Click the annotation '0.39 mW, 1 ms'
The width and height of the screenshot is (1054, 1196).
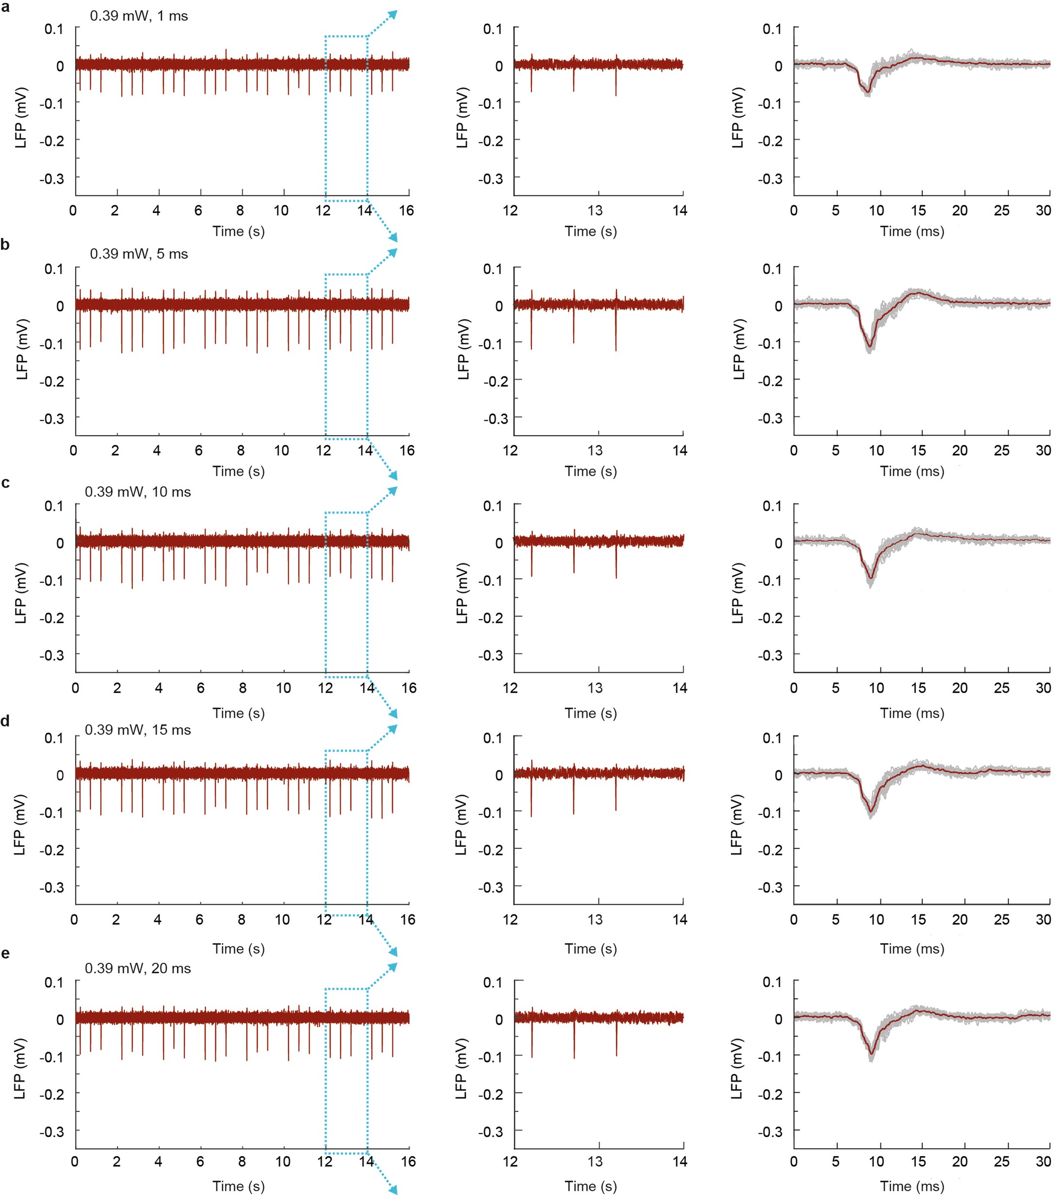pos(139,16)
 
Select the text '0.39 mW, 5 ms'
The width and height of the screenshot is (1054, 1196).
pos(139,254)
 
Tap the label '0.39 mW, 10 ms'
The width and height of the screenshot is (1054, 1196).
pos(138,492)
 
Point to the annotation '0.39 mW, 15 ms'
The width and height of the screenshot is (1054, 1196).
pos(138,730)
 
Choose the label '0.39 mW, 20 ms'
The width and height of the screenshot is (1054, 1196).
pos(138,968)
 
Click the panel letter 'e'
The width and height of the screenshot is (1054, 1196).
pos(5,954)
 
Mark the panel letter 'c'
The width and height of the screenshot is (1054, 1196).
pos(5,483)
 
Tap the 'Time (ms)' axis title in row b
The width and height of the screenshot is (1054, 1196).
pos(912,472)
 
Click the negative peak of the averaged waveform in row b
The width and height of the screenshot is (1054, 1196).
pos(870,347)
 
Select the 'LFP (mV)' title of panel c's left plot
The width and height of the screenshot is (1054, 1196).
pos(21,593)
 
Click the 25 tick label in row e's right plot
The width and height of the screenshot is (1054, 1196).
pos(1001,1161)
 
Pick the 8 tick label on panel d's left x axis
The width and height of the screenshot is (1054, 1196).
pos(242,920)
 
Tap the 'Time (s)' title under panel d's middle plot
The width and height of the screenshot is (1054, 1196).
pos(591,949)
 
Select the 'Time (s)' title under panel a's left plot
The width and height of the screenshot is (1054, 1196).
pos(239,232)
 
